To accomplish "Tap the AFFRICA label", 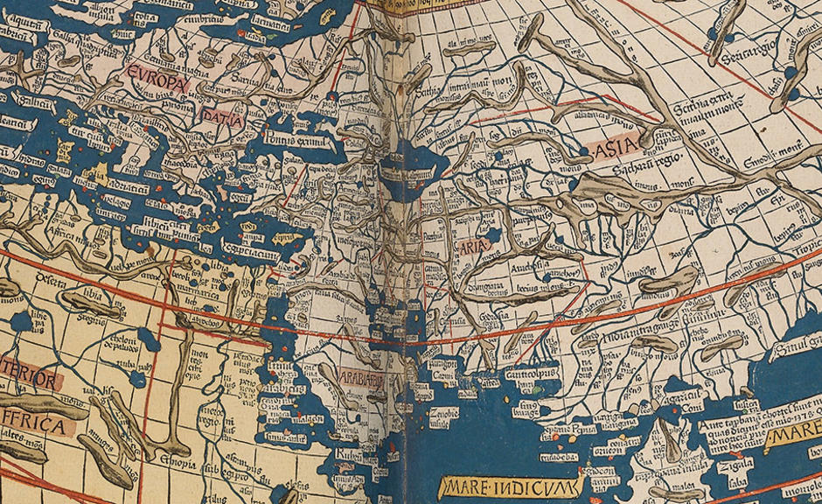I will click(x=33, y=426).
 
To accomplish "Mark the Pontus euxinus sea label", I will click(x=289, y=135).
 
